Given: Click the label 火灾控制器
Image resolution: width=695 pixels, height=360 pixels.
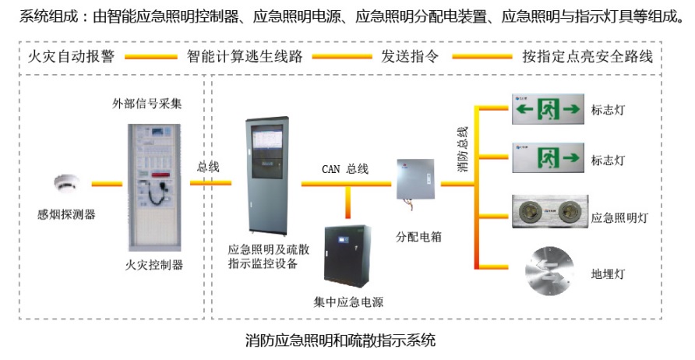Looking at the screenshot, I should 154,264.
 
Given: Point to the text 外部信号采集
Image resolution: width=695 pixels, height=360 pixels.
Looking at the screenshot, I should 148,102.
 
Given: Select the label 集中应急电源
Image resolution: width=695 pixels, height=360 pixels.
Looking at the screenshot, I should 348,302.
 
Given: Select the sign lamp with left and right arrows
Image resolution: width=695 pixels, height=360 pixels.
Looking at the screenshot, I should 548,110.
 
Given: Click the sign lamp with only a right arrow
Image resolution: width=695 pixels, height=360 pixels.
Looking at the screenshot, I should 548,158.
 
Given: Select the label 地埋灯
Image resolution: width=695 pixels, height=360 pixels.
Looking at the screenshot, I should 609,274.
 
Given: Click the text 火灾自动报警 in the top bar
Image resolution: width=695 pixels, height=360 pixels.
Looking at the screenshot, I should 71,57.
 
